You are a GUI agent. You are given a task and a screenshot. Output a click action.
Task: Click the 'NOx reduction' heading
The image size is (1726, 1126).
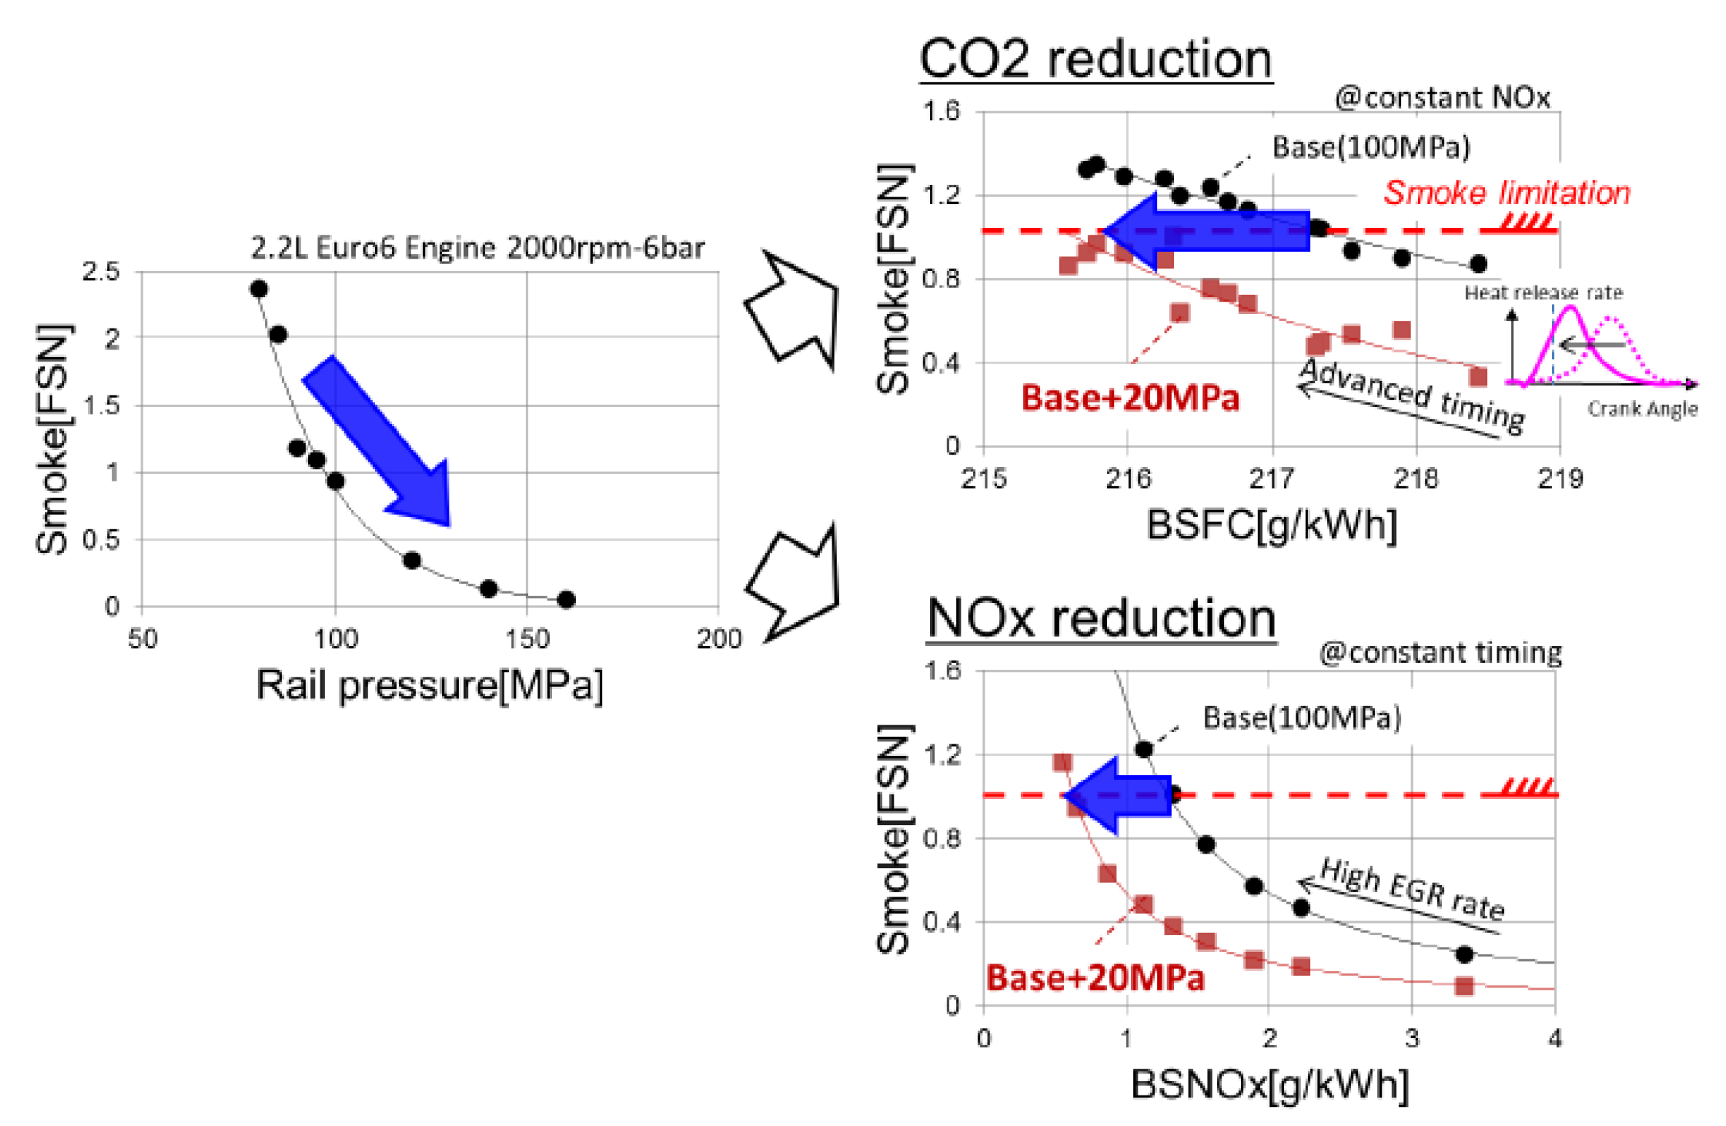click(x=1100, y=618)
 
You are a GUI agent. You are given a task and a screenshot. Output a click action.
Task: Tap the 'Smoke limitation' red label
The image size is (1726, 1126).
click(x=1505, y=193)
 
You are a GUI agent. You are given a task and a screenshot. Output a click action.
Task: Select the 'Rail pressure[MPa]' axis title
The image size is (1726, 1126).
click(x=429, y=685)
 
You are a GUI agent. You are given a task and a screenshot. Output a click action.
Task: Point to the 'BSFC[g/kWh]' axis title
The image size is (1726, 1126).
click(x=1271, y=524)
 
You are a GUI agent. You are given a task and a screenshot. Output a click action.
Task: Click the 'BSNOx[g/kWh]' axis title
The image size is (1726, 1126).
click(x=1269, y=1084)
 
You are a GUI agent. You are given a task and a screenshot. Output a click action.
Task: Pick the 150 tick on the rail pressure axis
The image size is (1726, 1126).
click(x=527, y=639)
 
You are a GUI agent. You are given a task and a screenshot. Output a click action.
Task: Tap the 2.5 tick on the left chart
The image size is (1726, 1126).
click(x=101, y=272)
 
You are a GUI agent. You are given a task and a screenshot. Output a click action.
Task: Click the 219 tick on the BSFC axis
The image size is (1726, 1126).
click(x=1559, y=479)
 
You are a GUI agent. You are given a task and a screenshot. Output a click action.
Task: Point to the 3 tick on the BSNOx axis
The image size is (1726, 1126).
click(x=1411, y=1039)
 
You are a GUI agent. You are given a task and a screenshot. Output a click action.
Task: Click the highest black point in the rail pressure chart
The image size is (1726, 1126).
click(x=259, y=289)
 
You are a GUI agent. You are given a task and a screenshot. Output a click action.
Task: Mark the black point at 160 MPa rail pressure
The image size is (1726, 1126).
click(x=566, y=599)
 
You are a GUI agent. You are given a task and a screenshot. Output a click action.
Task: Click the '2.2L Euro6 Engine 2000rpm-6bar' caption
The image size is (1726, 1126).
click(x=477, y=248)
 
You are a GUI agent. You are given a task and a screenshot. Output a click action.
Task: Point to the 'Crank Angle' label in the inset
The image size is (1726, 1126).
click(x=1642, y=409)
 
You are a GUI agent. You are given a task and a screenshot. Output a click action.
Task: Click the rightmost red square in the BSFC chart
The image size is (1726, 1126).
click(x=1478, y=377)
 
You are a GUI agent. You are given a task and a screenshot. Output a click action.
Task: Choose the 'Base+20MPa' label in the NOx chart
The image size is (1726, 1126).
click(x=1095, y=978)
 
